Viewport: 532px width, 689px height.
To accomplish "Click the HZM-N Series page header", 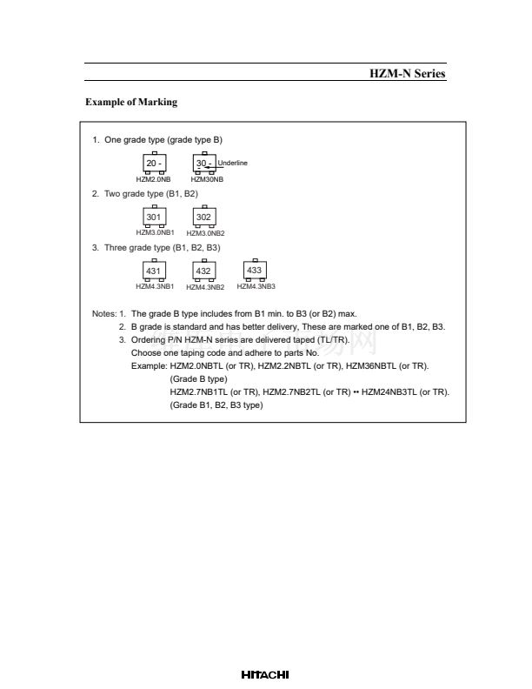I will click(x=408, y=74).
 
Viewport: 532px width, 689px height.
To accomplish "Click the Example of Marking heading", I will click(x=131, y=103).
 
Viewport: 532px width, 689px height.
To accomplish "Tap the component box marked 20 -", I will click(x=154, y=164).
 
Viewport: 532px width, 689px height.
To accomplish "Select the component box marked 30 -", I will click(x=204, y=164).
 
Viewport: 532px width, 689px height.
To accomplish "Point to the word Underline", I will click(x=233, y=163).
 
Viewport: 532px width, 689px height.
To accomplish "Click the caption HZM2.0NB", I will click(x=153, y=179).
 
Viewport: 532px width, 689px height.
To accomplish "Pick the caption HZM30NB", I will click(x=207, y=179).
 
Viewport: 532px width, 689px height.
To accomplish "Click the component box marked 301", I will click(x=154, y=217).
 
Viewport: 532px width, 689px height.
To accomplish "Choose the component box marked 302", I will click(x=203, y=217).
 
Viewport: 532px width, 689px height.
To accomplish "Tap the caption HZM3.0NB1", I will click(x=155, y=233).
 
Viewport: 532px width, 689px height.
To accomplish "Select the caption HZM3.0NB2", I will click(x=205, y=233).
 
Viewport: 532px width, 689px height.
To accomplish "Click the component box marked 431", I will click(x=154, y=271).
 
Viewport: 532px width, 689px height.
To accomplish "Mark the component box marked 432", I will click(x=203, y=271).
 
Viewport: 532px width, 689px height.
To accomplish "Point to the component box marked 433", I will click(x=255, y=271).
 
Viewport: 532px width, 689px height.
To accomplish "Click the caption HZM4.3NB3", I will click(x=256, y=286).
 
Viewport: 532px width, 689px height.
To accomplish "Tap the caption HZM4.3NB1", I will click(x=155, y=286).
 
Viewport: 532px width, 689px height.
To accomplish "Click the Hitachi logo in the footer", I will click(x=265, y=675).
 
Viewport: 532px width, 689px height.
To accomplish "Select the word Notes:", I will click(x=103, y=314).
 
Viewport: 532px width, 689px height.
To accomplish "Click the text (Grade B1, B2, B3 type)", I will click(x=216, y=405).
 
